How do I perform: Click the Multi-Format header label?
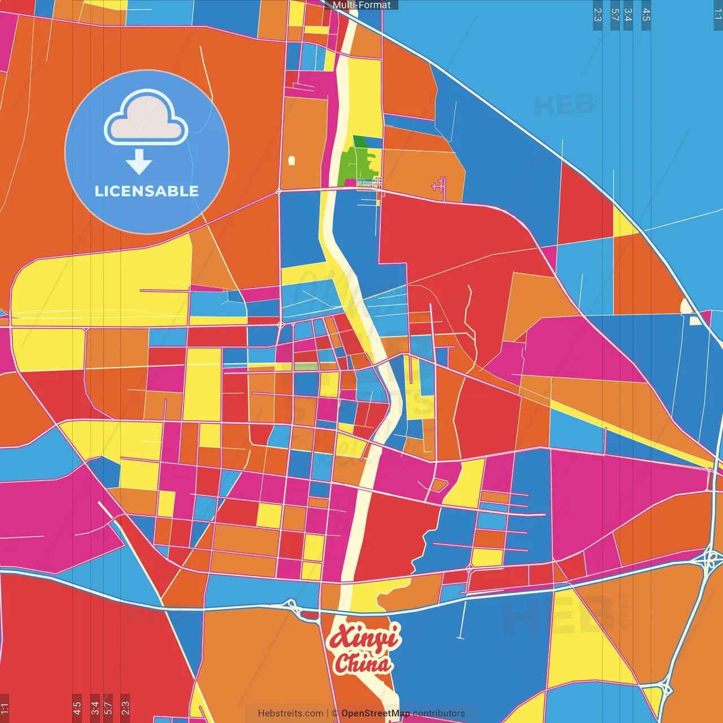click(361, 5)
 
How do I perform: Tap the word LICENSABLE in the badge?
click(147, 191)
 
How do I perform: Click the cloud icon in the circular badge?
click(146, 118)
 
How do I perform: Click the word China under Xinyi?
click(363, 663)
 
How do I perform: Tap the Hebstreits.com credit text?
click(290, 713)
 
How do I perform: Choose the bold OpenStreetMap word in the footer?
click(376, 713)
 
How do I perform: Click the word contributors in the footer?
click(439, 713)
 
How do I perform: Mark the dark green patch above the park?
click(360, 142)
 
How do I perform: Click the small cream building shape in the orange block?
click(291, 160)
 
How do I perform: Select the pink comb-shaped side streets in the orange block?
click(439, 185)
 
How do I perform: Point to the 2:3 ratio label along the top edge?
click(598, 15)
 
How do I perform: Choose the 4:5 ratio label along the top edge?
click(646, 15)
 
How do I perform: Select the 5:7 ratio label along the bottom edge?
click(108, 707)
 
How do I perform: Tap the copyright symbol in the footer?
click(335, 713)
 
